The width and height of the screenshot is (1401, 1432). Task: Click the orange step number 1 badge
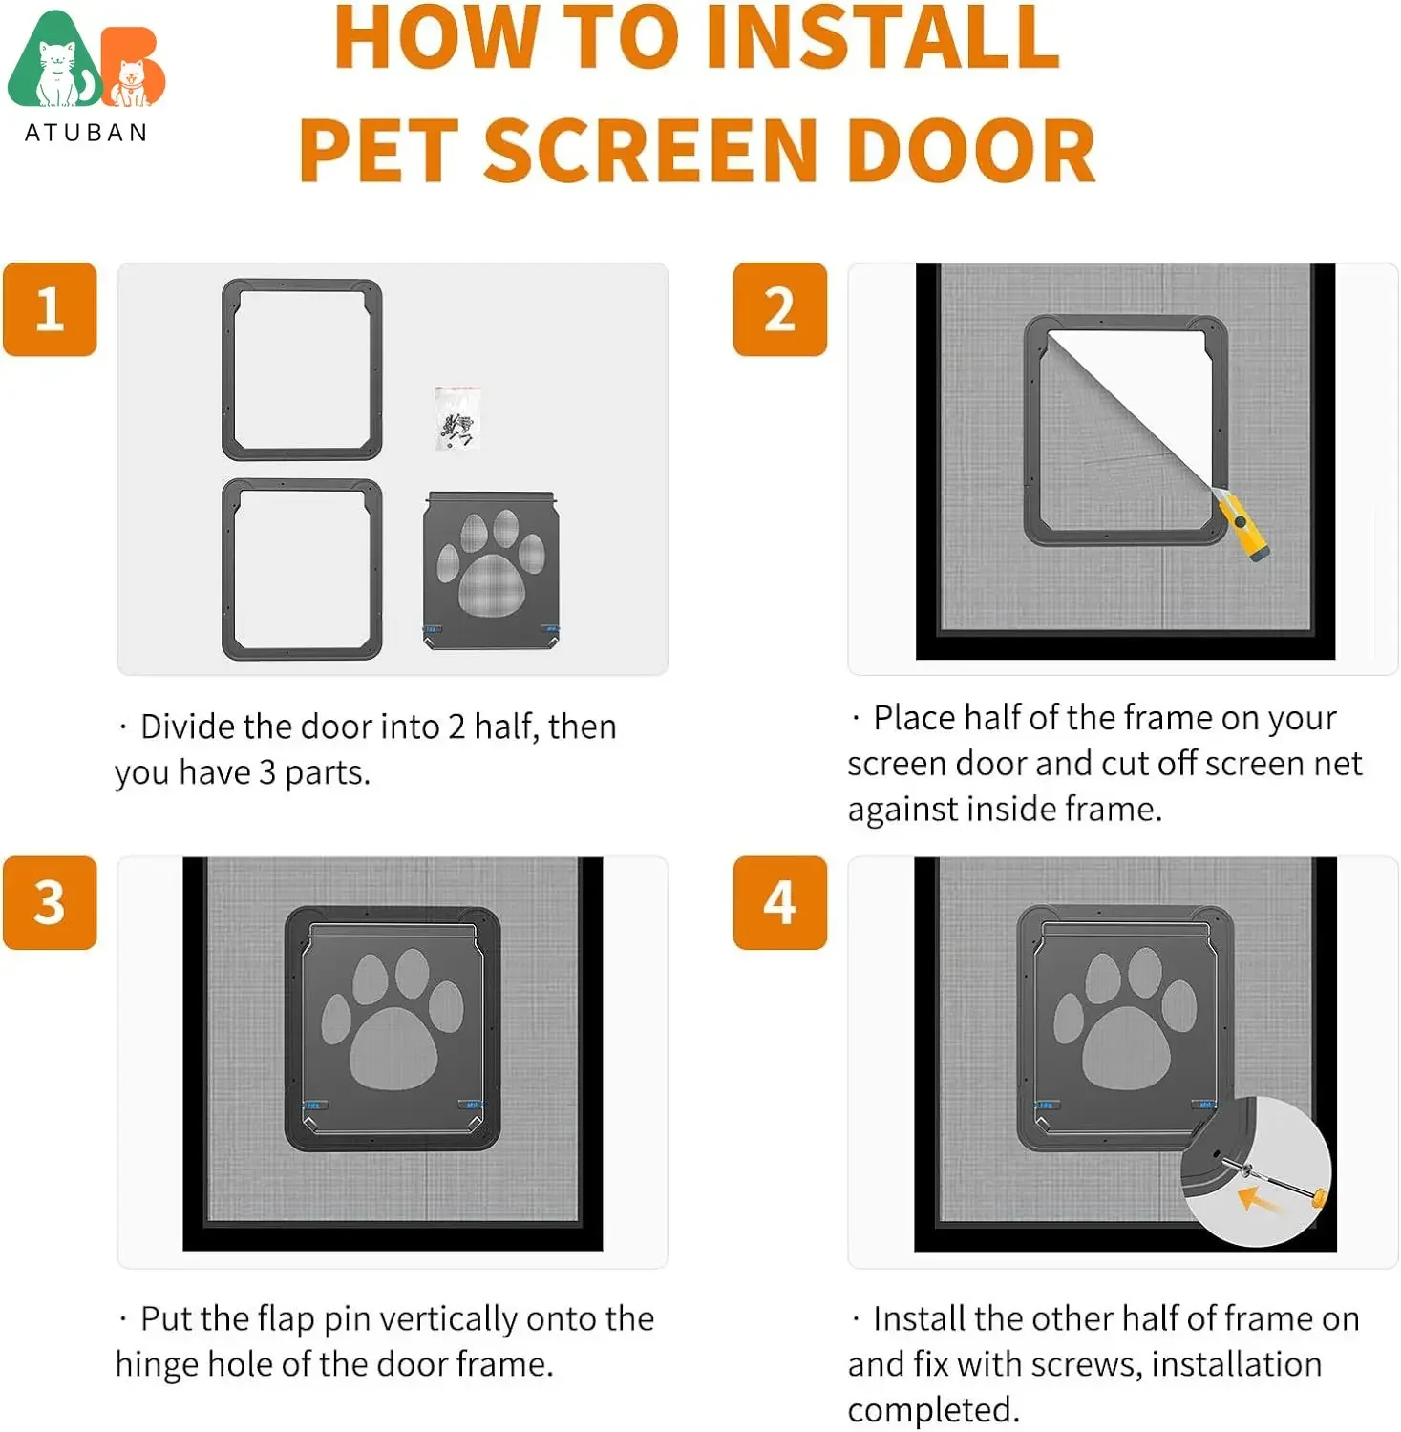click(50, 309)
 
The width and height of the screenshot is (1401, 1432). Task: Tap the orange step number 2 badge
click(779, 309)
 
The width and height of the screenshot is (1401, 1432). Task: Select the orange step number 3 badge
click(50, 902)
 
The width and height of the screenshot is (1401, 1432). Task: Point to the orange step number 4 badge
click(779, 902)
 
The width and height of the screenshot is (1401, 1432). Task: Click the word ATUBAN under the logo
click(86, 133)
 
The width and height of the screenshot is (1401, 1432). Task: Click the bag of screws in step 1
click(457, 418)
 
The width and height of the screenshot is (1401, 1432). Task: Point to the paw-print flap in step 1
click(491, 570)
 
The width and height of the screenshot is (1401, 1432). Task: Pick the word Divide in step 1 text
click(189, 727)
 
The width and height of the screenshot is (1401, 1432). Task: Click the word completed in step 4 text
click(933, 1410)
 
